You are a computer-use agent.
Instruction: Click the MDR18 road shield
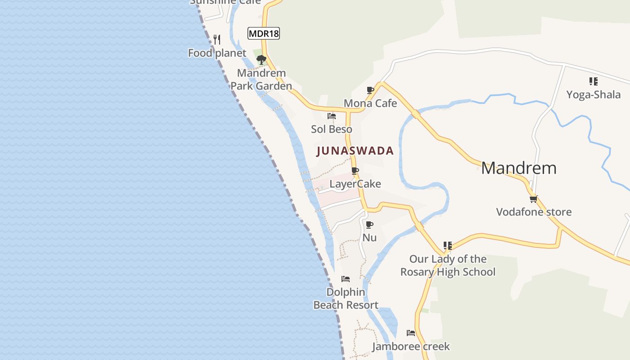(264, 33)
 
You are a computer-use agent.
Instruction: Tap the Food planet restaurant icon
(217, 39)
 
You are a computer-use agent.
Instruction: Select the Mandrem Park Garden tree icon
(261, 59)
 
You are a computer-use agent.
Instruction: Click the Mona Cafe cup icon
(370, 90)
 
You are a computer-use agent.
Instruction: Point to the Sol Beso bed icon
(332, 116)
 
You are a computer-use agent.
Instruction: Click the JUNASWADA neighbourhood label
(355, 151)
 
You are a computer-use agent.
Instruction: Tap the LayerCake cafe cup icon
(355, 171)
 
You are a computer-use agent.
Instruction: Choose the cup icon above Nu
(369, 225)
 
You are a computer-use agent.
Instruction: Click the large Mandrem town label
(519, 168)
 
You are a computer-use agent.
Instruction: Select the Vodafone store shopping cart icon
(534, 199)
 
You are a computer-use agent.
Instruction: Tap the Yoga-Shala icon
(593, 81)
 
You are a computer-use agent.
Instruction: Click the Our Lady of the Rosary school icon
(448, 246)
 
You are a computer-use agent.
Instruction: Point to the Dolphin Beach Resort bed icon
(346, 279)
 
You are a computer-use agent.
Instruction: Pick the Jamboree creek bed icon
(411, 333)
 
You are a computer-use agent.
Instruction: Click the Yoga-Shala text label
(593, 94)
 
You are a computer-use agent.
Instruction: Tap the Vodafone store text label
(534, 212)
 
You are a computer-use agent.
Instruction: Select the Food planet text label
(217, 53)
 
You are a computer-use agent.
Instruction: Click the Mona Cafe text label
(370, 103)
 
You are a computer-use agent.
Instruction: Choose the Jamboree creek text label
(411, 346)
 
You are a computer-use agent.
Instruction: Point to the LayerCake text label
(355, 184)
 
